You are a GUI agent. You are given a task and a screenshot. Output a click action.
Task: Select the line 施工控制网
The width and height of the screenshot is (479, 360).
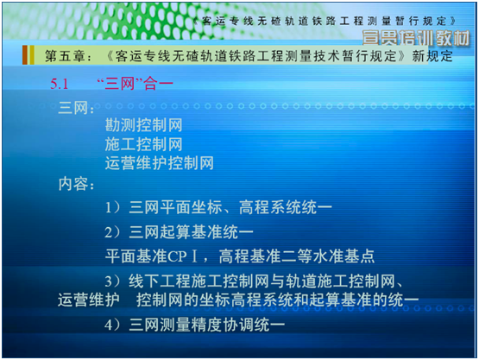(144, 143)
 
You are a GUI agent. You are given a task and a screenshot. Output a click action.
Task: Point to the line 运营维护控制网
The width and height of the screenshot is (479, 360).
(159, 162)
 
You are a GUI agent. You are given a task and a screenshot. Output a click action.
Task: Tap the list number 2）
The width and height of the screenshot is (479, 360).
(113, 232)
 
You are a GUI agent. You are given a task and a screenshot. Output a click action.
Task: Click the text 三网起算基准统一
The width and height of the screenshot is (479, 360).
(192, 232)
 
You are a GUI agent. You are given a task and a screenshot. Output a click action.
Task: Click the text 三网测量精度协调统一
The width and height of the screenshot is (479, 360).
(206, 325)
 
